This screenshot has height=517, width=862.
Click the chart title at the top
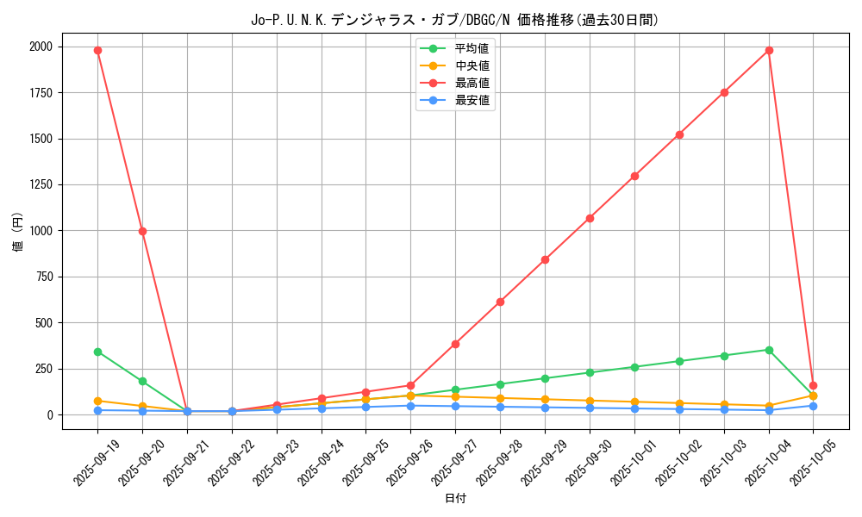(454, 20)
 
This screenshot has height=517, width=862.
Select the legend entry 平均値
(472, 48)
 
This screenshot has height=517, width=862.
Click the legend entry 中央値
(472, 65)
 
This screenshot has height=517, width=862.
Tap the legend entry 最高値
(472, 83)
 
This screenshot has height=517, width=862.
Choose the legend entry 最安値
(472, 100)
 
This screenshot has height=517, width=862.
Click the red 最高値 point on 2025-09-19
(97, 50)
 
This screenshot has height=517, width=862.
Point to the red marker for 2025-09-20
(142, 231)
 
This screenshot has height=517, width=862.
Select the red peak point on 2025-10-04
(769, 50)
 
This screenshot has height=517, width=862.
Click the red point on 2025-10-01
(634, 176)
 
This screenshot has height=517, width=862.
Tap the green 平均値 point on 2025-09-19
(97, 352)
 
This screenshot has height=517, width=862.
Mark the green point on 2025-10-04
(769, 350)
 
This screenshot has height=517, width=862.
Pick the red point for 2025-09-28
(500, 302)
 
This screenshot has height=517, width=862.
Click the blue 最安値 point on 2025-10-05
(813, 406)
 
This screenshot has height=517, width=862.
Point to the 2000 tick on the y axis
(41, 47)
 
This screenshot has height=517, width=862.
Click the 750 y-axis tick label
(44, 277)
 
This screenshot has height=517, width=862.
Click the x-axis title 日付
(455, 499)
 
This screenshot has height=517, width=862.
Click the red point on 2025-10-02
(679, 134)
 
